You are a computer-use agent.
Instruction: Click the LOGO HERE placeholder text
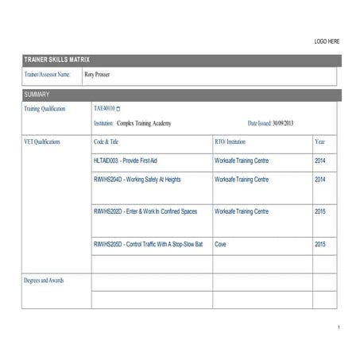point(327,41)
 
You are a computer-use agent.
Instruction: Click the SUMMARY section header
point(38,94)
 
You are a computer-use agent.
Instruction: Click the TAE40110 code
point(104,108)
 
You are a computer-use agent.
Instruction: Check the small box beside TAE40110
point(119,108)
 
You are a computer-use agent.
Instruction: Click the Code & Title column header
point(111,142)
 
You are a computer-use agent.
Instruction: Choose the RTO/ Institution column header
point(235,142)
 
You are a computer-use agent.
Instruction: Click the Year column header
point(319,142)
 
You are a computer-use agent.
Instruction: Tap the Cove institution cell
point(220,244)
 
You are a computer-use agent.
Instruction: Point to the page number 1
point(338,328)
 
